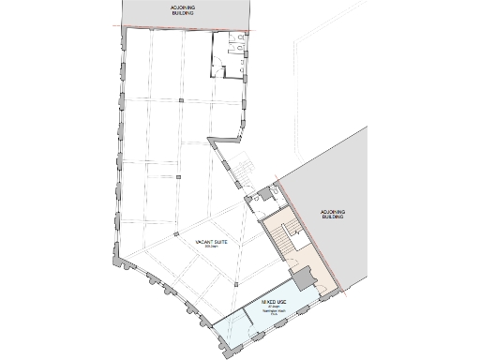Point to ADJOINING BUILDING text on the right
click(x=333, y=215)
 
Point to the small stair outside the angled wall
click(x=241, y=165)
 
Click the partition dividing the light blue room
click(x=243, y=320)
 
